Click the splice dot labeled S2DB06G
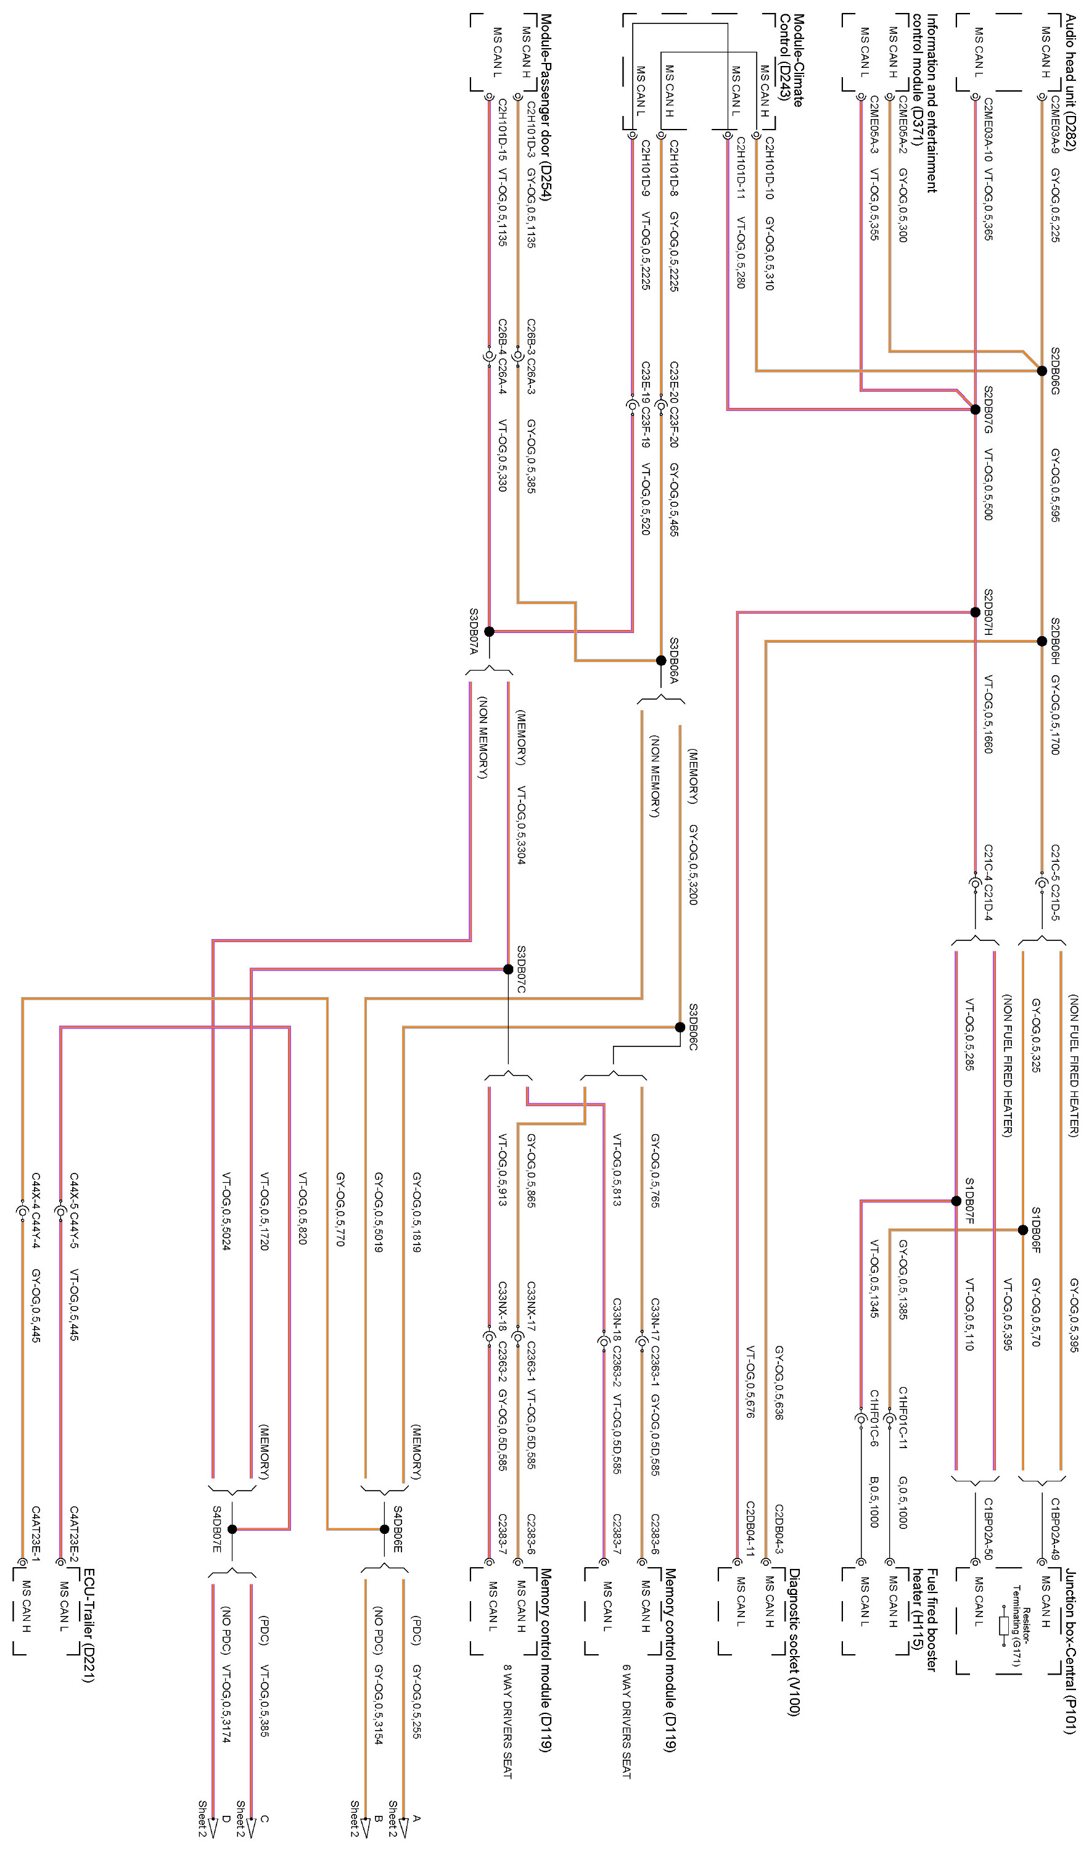click(1042, 371)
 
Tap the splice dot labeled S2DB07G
click(975, 409)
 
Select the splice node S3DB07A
click(489, 631)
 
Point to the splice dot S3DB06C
click(680, 1027)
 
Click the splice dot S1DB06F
click(1023, 1230)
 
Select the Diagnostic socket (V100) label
click(793, 1642)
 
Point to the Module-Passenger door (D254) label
click(546, 107)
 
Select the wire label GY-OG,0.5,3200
click(693, 864)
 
